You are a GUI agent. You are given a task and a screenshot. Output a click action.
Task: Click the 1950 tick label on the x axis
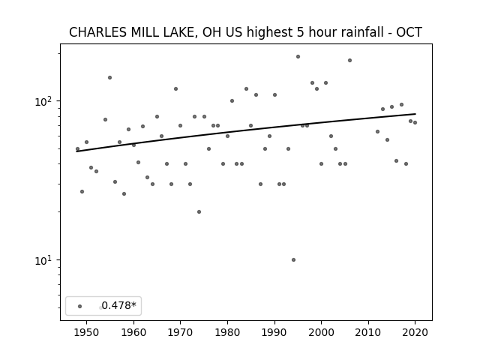(87, 333)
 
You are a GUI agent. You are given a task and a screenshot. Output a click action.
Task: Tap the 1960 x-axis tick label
(133, 333)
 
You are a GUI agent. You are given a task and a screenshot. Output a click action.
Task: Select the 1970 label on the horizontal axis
(180, 333)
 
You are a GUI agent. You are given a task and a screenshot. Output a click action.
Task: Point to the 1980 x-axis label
(227, 333)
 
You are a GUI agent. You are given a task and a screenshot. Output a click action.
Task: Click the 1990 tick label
(274, 333)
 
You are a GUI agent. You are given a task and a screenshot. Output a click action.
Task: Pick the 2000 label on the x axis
(322, 333)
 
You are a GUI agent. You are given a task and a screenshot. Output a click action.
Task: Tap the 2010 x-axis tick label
(368, 333)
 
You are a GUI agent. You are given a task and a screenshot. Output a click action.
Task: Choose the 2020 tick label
(415, 333)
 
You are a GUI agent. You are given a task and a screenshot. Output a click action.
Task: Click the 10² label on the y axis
(44, 101)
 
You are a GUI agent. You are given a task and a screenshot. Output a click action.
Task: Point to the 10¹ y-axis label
(44, 260)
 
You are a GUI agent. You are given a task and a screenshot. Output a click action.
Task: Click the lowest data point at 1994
(293, 260)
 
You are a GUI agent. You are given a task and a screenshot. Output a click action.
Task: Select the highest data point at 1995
(298, 57)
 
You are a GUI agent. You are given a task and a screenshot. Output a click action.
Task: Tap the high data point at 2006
(350, 61)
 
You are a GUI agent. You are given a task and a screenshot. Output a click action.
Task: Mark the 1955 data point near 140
(110, 78)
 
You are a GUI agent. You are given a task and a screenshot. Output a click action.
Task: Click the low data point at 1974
(199, 211)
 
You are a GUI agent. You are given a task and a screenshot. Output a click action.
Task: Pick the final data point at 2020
(415, 123)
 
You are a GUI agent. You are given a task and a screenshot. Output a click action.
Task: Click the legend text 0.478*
(118, 305)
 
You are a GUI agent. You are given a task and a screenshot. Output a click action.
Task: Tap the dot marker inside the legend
(80, 306)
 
